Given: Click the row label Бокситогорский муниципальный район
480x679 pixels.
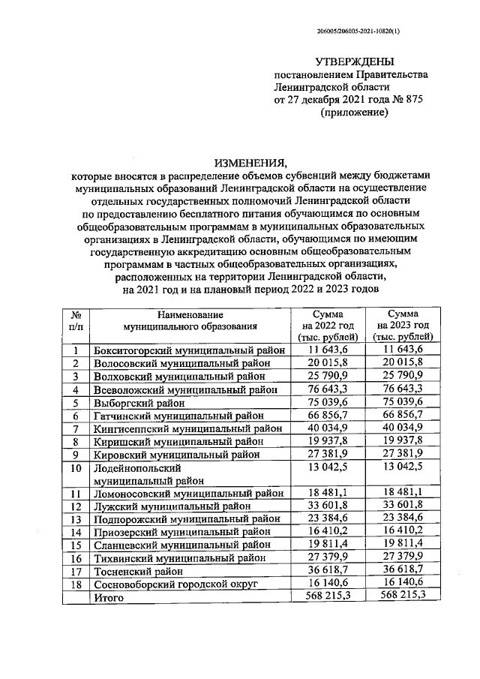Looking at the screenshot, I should (188, 350).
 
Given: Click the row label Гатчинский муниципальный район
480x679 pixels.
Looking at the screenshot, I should (178, 415).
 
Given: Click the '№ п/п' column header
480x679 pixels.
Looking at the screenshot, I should (75, 320).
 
